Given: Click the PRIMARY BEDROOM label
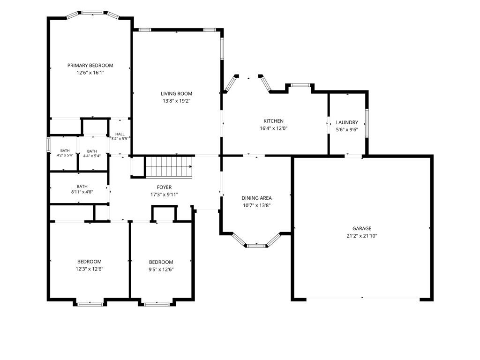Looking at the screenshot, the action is point(90,66).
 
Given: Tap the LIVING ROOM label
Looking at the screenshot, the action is point(177,94).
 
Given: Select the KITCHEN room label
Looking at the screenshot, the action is point(274,121).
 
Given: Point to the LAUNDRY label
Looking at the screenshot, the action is point(347,122).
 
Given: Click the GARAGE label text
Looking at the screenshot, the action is point(362,228).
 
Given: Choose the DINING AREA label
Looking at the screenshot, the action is point(256,198).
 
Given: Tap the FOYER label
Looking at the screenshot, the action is point(165,187).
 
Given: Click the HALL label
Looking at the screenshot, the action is point(120,134).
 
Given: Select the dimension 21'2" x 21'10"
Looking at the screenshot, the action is point(362,236).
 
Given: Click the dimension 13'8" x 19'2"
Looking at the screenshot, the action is point(177,101).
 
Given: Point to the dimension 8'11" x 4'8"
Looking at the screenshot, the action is point(82,192).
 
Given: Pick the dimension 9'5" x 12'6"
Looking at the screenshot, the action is point(161,270).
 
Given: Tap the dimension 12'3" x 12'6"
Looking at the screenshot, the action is point(90,269).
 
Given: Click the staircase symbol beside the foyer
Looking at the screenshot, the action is point(169,167).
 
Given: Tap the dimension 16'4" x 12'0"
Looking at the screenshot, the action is point(274,128).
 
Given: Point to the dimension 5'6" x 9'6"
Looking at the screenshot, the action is point(347,130).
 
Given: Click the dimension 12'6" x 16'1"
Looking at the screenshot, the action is point(90,73).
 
